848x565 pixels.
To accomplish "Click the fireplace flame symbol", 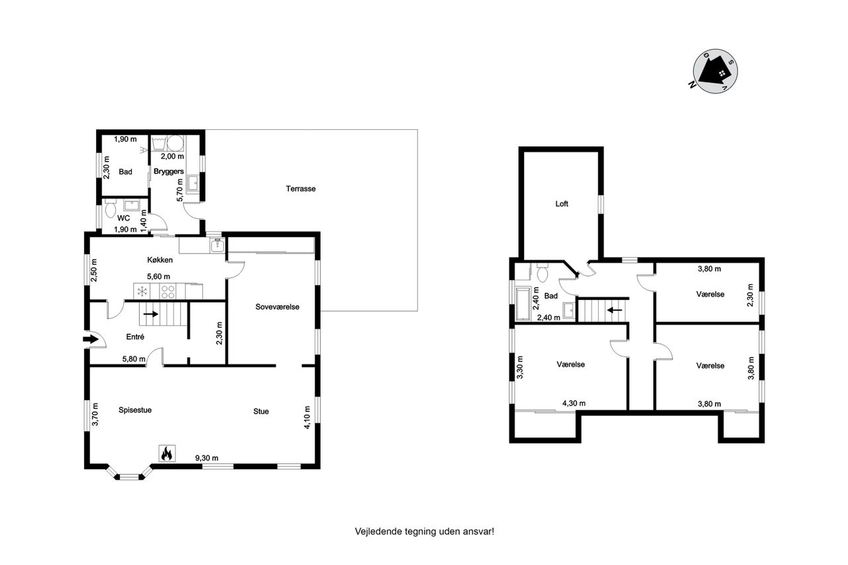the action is (167, 453).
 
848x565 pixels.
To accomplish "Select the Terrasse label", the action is (301, 189).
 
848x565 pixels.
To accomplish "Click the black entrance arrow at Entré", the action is (91, 338).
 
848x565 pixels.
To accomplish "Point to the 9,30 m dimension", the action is (207, 458).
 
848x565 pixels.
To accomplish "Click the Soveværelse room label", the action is (277, 307).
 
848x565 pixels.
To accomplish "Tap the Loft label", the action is (562, 204).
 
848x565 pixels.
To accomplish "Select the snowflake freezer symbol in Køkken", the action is (142, 291).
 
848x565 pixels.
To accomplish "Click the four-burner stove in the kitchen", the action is (167, 291).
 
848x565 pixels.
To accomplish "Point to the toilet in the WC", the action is (110, 209).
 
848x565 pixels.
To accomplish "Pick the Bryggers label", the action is (169, 172).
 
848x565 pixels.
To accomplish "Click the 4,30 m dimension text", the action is (574, 403).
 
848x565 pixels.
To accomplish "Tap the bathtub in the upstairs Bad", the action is (523, 304).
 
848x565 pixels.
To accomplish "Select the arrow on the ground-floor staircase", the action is (150, 314).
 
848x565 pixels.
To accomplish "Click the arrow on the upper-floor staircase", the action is (614, 310).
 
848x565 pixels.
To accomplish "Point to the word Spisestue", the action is (135, 410).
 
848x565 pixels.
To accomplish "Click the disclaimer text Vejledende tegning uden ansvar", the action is (425, 531).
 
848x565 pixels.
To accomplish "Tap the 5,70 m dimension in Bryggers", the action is (180, 190).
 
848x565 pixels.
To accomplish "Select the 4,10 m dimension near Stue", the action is (307, 417).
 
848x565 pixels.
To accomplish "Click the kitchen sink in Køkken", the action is (217, 245).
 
